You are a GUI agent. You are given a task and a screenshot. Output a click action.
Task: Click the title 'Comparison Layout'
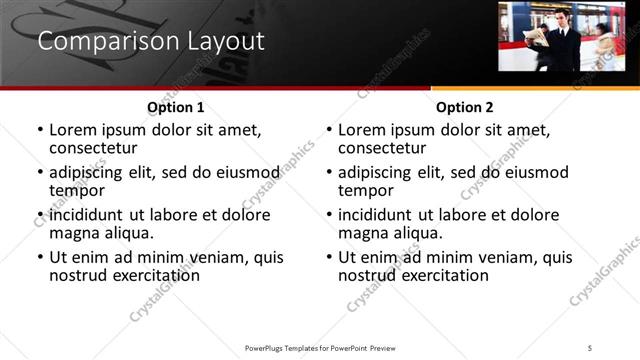[x=151, y=42]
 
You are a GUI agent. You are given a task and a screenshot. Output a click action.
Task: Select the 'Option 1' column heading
[x=175, y=107]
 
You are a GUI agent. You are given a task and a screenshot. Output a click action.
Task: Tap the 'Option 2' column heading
[x=464, y=107]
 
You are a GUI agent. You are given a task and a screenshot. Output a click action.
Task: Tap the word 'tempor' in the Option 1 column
[x=75, y=191]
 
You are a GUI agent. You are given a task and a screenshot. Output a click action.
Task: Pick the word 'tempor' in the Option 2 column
[x=364, y=191]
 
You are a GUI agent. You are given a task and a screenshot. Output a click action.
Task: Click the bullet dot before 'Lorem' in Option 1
[x=40, y=131]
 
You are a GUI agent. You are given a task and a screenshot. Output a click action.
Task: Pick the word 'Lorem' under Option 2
[x=361, y=130]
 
